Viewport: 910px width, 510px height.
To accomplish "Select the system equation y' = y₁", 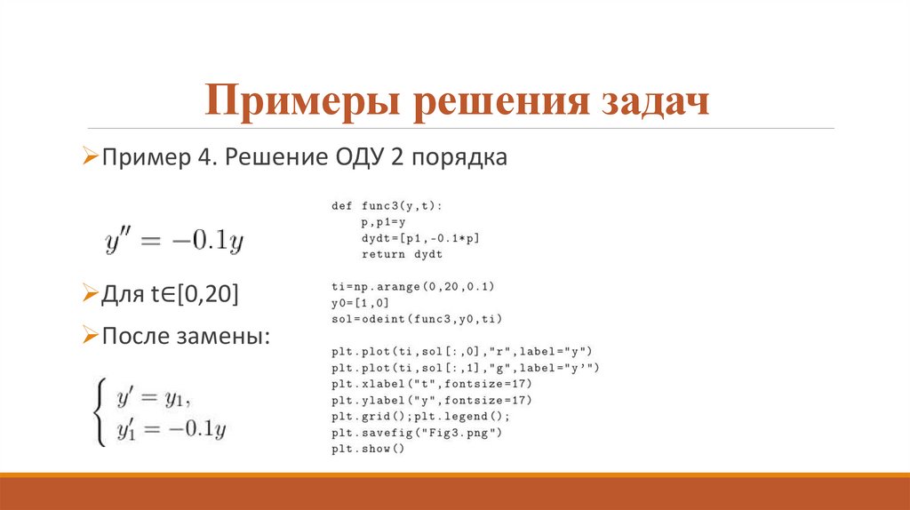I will [154, 397].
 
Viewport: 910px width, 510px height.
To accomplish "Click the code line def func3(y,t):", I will [387, 205].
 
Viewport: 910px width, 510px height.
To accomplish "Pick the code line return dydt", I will [402, 254].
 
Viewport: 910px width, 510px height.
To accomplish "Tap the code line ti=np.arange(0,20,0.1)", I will [412, 287].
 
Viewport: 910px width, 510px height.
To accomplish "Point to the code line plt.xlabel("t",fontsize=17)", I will [431, 384].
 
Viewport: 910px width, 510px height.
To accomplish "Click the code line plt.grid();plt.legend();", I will [421, 416].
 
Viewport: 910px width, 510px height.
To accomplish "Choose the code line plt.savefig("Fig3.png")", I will [416, 432].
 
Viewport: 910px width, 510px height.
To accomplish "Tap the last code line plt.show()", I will [368, 449].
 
